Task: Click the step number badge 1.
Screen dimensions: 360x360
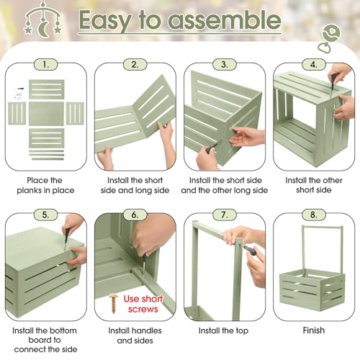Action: click(45, 65)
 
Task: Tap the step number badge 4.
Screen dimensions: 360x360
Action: click(314, 65)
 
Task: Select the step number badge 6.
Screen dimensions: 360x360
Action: click(135, 215)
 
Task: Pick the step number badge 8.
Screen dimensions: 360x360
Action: click(314, 215)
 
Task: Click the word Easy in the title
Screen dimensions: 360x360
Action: click(105, 21)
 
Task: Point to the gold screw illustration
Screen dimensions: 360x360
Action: click(113, 304)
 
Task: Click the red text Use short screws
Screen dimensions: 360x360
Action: click(143, 304)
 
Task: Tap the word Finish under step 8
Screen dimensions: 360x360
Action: click(314, 330)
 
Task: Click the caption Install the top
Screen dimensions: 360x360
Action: click(223, 330)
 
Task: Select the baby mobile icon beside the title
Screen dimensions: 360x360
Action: click(42, 19)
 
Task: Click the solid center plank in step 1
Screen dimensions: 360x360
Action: click(46, 114)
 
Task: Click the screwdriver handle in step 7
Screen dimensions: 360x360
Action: click(251, 251)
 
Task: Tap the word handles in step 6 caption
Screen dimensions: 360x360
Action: click(146, 330)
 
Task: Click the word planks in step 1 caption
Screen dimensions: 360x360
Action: click(29, 191)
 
